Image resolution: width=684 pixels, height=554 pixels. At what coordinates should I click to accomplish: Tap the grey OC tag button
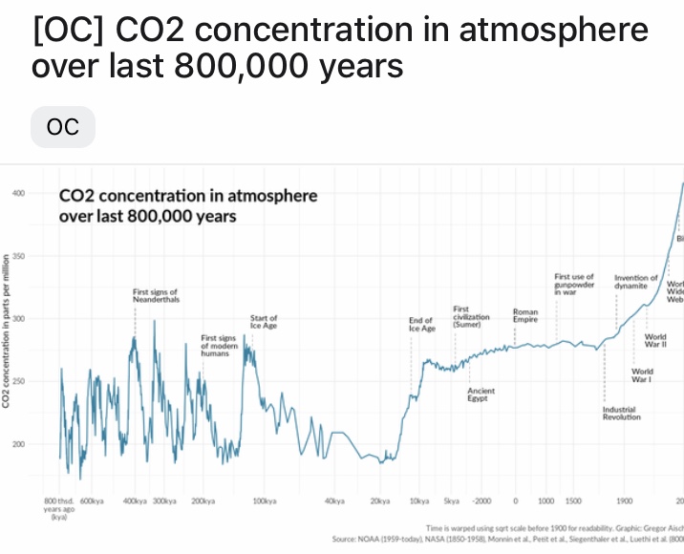(x=63, y=127)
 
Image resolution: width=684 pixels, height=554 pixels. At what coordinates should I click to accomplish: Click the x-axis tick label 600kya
(x=92, y=501)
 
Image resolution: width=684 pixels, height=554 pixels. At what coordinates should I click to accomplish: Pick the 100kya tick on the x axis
(x=265, y=501)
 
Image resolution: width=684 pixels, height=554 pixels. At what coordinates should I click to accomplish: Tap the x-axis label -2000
(x=481, y=501)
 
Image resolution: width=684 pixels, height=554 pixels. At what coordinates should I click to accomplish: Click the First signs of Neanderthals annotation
(x=156, y=295)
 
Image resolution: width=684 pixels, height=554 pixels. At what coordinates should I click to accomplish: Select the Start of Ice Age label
(x=264, y=322)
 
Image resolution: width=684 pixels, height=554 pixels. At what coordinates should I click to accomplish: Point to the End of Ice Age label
(x=421, y=324)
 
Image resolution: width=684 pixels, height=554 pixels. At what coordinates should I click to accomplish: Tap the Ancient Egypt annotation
(x=481, y=394)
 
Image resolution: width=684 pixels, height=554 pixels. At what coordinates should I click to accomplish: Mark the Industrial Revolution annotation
(x=622, y=413)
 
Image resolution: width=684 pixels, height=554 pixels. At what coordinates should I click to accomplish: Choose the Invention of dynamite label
(x=636, y=281)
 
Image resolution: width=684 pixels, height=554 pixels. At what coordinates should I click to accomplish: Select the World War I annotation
(x=642, y=374)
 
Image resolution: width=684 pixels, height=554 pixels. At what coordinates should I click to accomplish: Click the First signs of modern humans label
(x=219, y=345)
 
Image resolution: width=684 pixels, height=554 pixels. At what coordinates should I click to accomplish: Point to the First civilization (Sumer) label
(x=471, y=316)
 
